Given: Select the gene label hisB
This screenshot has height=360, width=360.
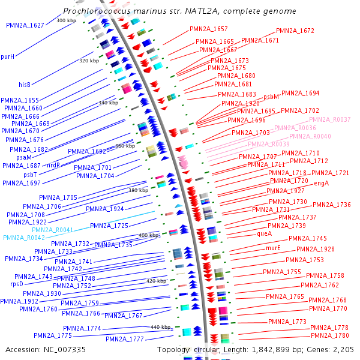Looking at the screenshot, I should [25, 85].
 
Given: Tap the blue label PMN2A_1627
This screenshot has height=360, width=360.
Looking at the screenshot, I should [25, 25].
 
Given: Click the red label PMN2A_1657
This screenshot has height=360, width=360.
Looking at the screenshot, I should [209, 29].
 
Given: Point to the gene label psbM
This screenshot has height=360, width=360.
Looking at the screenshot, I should [271, 97].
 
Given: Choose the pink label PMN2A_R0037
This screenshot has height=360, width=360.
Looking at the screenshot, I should [329, 120].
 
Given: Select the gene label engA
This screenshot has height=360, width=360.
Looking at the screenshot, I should [322, 183].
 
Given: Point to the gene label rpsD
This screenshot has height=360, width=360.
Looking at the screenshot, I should [17, 284].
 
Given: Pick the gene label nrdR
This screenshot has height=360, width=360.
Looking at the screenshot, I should [53, 164].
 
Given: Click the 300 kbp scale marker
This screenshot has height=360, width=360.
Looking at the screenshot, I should [66, 20].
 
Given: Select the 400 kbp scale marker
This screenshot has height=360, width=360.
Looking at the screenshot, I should [149, 236].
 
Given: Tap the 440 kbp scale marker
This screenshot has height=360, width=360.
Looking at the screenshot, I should [161, 327].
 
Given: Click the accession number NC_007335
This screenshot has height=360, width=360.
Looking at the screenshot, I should [46, 349].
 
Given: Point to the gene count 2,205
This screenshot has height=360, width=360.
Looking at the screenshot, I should [344, 349].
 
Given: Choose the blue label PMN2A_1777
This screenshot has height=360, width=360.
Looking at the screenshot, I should [124, 339].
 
